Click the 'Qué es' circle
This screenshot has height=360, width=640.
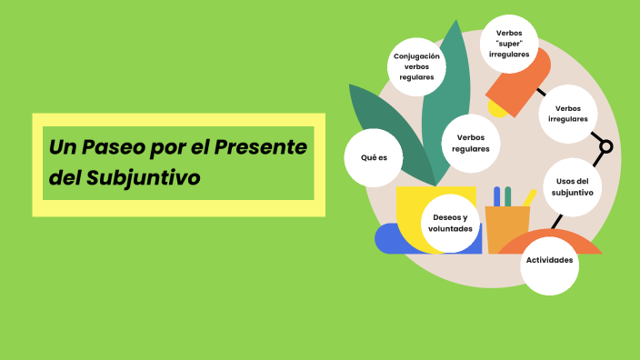374,157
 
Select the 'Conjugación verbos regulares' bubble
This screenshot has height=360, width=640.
416,66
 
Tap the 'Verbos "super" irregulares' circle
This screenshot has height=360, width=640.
509,43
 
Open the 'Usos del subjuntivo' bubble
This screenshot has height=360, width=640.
573,187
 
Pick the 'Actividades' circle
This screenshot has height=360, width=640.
549,260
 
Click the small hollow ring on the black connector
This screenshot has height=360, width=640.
606,146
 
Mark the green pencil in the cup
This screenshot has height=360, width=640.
508,195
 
